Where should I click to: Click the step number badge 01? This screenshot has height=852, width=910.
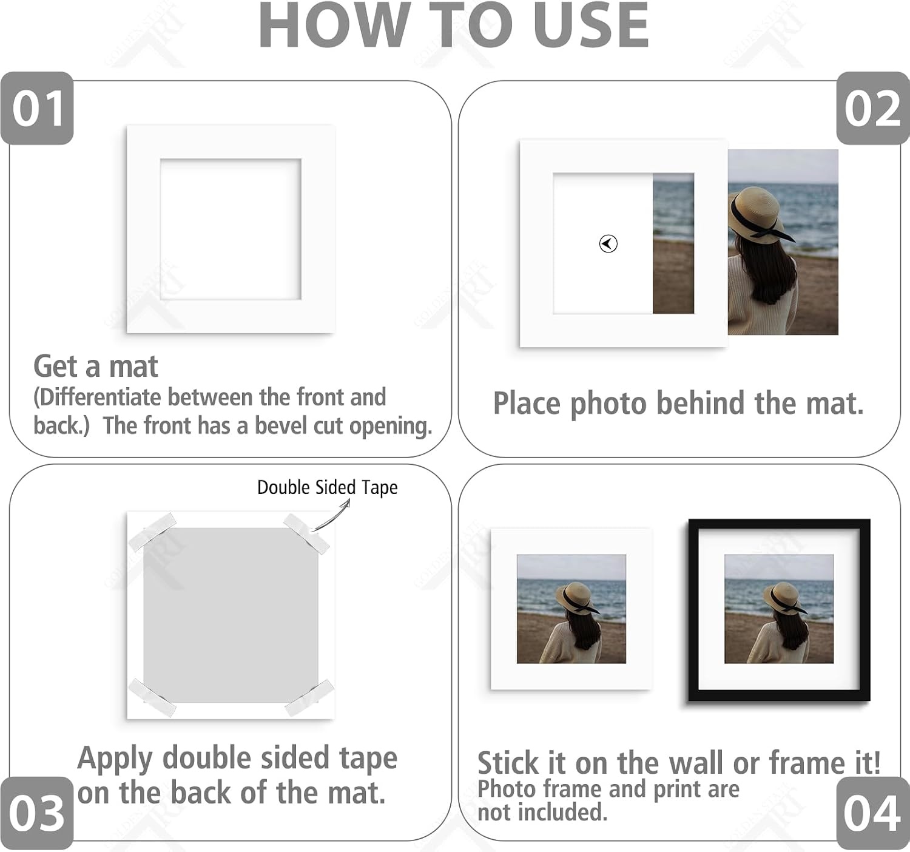pyautogui.click(x=37, y=108)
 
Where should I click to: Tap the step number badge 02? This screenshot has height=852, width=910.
pyautogui.click(x=872, y=108)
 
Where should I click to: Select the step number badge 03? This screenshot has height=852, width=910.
pyautogui.click(x=37, y=813)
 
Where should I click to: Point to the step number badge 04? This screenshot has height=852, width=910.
pyautogui.click(x=872, y=813)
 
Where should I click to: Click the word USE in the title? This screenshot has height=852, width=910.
pyautogui.click(x=591, y=25)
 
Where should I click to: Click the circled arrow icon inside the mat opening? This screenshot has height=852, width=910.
pyautogui.click(x=608, y=243)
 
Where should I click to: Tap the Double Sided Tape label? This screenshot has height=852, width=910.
pyautogui.click(x=327, y=487)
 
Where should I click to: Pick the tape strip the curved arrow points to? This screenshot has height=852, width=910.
pyautogui.click(x=306, y=534)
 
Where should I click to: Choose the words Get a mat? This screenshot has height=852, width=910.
pyautogui.click(x=96, y=367)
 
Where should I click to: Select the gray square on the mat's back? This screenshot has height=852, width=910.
pyautogui.click(x=231, y=615)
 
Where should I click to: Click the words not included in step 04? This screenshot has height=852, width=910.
pyautogui.click(x=542, y=812)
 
